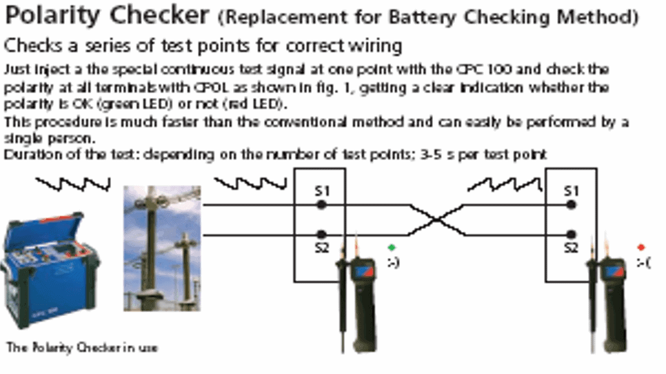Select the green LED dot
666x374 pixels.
coord(392,247)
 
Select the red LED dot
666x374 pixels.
coord(641,246)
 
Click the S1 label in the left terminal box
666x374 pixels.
coord(321,191)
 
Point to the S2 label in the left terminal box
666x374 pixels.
coord(321,248)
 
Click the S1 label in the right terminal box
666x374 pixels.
coord(571,191)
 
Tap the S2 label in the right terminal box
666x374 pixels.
coord(571,248)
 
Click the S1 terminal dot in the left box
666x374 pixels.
coord(321,205)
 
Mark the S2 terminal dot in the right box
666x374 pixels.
coord(571,235)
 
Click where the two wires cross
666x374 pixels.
coord(436,220)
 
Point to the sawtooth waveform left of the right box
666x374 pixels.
coord(504,184)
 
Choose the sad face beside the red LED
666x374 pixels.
coord(643,262)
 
